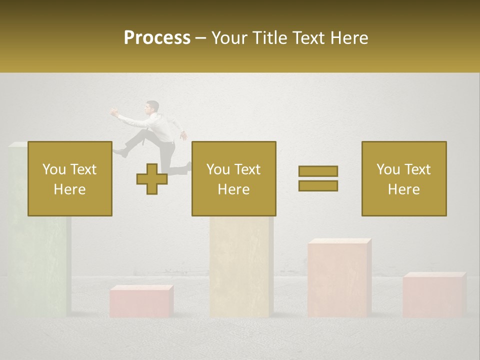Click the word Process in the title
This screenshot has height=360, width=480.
pos(157,37)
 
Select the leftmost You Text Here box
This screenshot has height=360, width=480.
pos(69,178)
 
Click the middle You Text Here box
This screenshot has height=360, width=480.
pos(233,178)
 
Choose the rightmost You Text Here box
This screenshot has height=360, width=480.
pos(403,178)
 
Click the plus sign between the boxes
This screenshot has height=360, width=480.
pos(151,178)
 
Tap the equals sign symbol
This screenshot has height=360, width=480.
pos(318,178)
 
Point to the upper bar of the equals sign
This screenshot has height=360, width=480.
pos(318,171)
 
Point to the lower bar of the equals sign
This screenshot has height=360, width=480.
pos(318,185)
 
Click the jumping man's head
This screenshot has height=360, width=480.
pos(152,107)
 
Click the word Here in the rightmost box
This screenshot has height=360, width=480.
pos(403,189)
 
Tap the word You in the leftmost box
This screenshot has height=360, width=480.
pos(53,169)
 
